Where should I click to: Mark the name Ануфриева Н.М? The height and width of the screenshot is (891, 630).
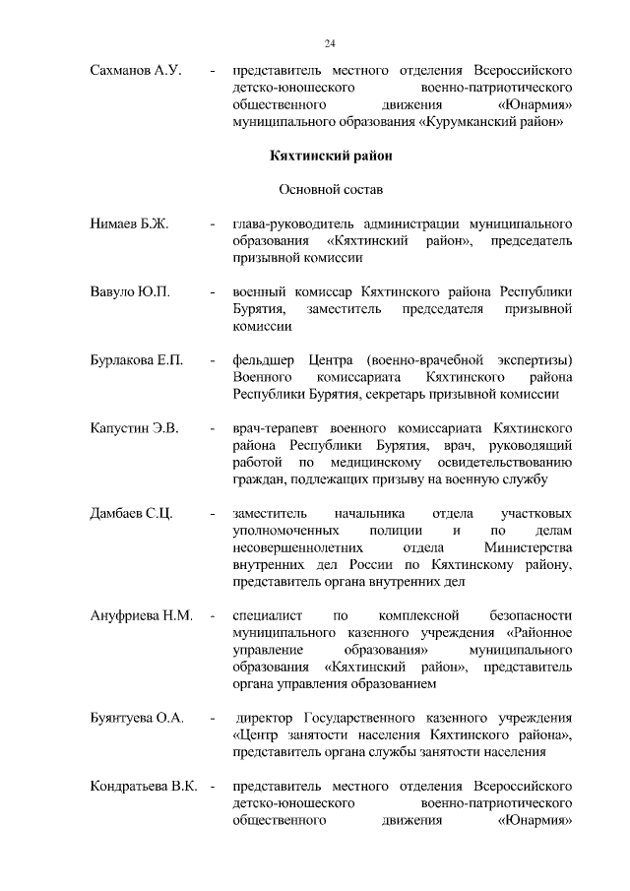coord(139,616)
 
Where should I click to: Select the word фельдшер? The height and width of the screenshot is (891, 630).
coord(264,360)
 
